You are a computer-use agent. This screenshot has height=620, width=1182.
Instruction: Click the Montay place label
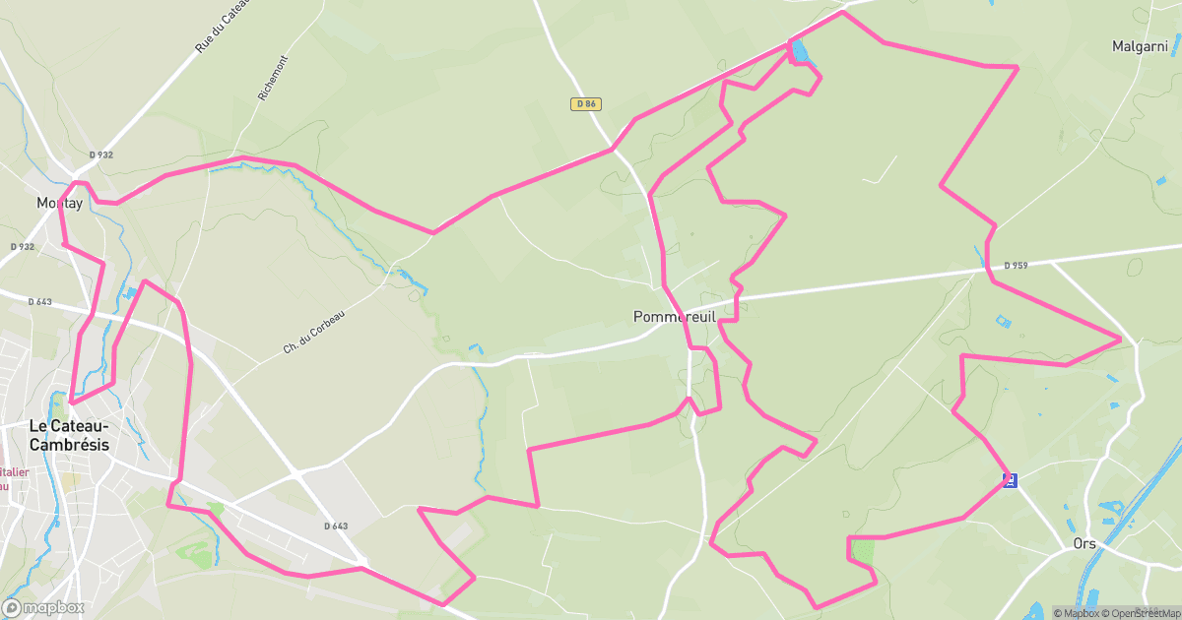59,203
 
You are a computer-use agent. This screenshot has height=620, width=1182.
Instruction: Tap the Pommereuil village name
674,317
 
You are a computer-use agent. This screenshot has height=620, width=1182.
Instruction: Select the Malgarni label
1140,46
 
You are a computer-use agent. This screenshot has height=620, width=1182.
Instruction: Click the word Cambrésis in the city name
69,445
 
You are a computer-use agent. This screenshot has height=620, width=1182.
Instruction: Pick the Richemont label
269,78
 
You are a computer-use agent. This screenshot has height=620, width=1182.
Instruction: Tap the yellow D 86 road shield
585,103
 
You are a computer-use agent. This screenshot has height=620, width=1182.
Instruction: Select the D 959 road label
1016,266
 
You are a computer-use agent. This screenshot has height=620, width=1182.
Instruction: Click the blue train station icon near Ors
1010,480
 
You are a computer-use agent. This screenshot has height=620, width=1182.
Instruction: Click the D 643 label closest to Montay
39,302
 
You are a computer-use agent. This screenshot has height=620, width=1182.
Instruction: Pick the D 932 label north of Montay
100,155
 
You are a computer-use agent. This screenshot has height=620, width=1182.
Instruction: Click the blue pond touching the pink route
801,51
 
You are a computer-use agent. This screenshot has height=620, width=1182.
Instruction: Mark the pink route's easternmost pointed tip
1121,340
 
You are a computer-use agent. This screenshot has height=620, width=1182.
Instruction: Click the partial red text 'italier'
16,471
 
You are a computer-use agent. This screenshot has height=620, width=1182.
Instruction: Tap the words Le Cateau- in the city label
68,426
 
